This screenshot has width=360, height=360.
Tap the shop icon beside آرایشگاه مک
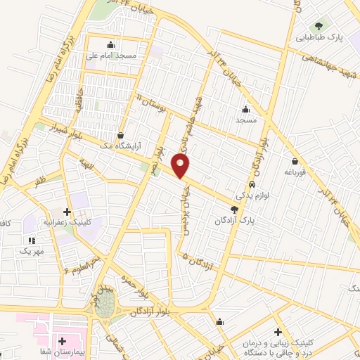(x=122, y=135)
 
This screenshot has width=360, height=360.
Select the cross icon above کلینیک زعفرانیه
(x=67, y=210)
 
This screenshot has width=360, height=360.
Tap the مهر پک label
(x=32, y=250)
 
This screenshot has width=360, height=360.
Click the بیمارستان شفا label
(x=62, y=349)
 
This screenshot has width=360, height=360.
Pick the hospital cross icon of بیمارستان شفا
(x=62, y=340)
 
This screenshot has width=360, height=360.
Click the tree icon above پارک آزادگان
(x=234, y=210)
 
